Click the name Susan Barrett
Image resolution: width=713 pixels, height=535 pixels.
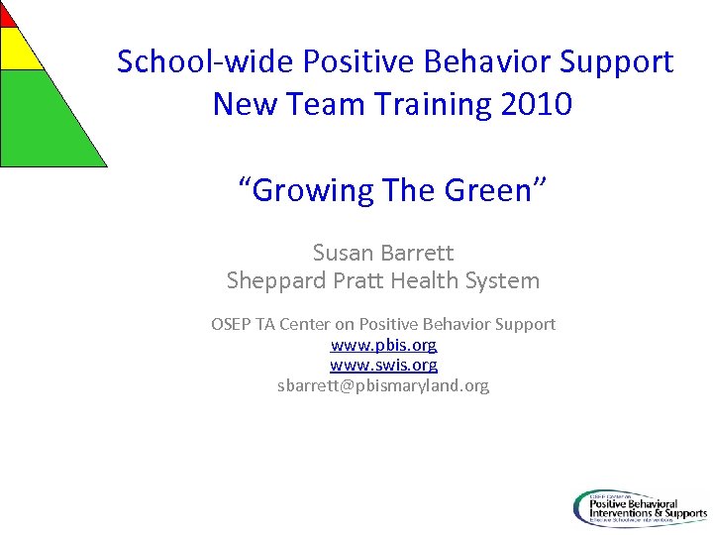coord(383,253)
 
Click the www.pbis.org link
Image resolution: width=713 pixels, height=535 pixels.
coord(383,345)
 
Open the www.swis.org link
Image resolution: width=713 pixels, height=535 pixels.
coord(383,366)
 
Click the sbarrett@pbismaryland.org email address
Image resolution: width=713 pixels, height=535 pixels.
coord(383,385)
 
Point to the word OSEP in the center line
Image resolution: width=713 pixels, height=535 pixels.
coord(232,324)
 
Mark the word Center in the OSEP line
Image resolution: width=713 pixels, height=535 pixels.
coord(304,324)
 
